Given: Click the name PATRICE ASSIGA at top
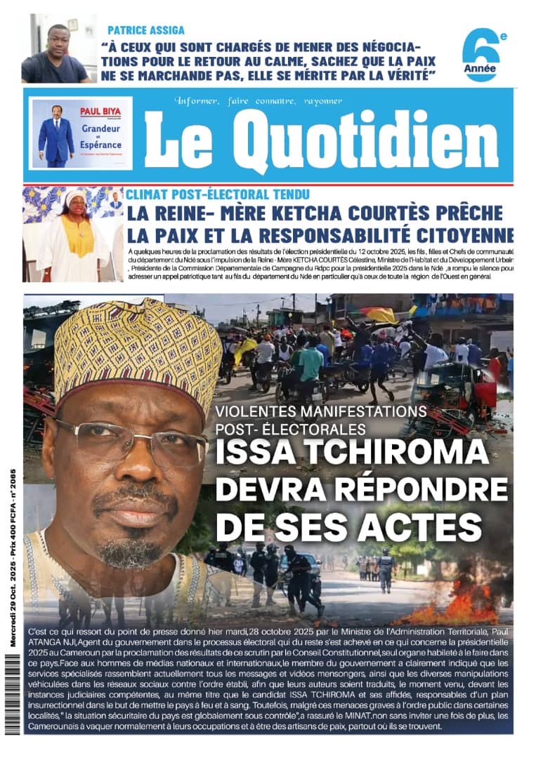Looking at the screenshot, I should pyautogui.click(x=146, y=30).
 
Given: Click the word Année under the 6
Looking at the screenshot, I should pyautogui.click(x=480, y=69).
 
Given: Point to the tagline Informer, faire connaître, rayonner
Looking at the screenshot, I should pyautogui.click(x=259, y=100).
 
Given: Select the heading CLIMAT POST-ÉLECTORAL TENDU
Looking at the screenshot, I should pyautogui.click(x=218, y=194).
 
